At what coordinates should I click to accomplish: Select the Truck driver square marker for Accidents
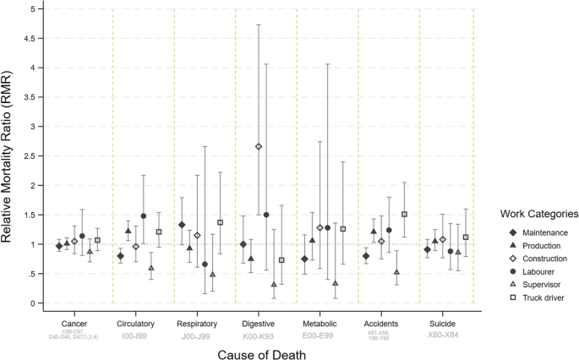[x=405, y=214]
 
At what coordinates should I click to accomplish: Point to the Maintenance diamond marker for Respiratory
[x=182, y=225]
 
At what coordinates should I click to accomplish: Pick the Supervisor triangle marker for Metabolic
[x=336, y=283]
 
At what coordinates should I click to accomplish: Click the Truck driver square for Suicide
[x=466, y=237]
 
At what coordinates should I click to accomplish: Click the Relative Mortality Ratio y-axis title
[x=12, y=156]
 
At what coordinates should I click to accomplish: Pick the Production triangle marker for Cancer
[x=67, y=243]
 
